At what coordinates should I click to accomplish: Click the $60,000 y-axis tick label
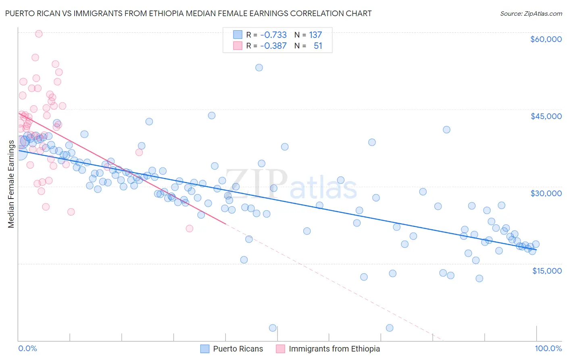coord(546,39)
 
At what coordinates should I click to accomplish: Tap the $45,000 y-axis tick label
coord(546,116)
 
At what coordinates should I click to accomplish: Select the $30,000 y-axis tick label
coord(546,193)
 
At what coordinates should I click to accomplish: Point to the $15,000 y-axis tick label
coord(546,271)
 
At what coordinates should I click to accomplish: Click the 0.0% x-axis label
coord(27,348)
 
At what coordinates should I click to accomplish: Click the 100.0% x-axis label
coord(548,348)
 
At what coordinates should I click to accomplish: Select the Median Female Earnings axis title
coord(11,184)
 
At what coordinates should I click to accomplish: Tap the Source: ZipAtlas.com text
coord(531,13)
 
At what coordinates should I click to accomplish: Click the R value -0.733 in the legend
coord(273,35)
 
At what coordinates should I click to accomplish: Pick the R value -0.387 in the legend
coord(273,46)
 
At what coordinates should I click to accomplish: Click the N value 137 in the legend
coord(315,35)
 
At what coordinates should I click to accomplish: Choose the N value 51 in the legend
coord(318,46)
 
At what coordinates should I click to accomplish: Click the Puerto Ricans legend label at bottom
coord(238,349)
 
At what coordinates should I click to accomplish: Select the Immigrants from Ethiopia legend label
coord(334,349)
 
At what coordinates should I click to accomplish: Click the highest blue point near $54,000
coord(259,67)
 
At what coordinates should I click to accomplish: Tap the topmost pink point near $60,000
coord(39,34)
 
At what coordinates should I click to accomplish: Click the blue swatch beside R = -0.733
coord(238,35)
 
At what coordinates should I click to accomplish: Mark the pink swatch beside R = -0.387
coord(238,46)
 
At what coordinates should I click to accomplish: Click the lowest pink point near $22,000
coord(189,228)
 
